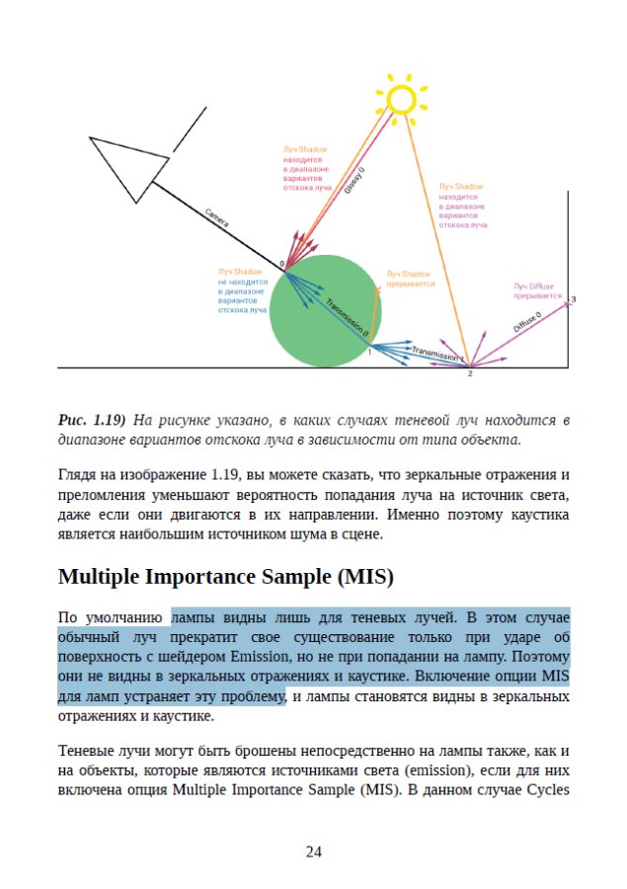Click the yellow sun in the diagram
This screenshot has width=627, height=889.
(x=402, y=99)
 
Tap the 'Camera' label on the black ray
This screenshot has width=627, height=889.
(x=218, y=218)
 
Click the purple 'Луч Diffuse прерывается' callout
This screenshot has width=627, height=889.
(x=537, y=290)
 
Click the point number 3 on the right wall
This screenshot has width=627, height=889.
(x=573, y=298)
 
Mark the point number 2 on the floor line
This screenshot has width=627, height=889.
(x=470, y=373)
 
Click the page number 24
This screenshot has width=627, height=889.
(x=313, y=852)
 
